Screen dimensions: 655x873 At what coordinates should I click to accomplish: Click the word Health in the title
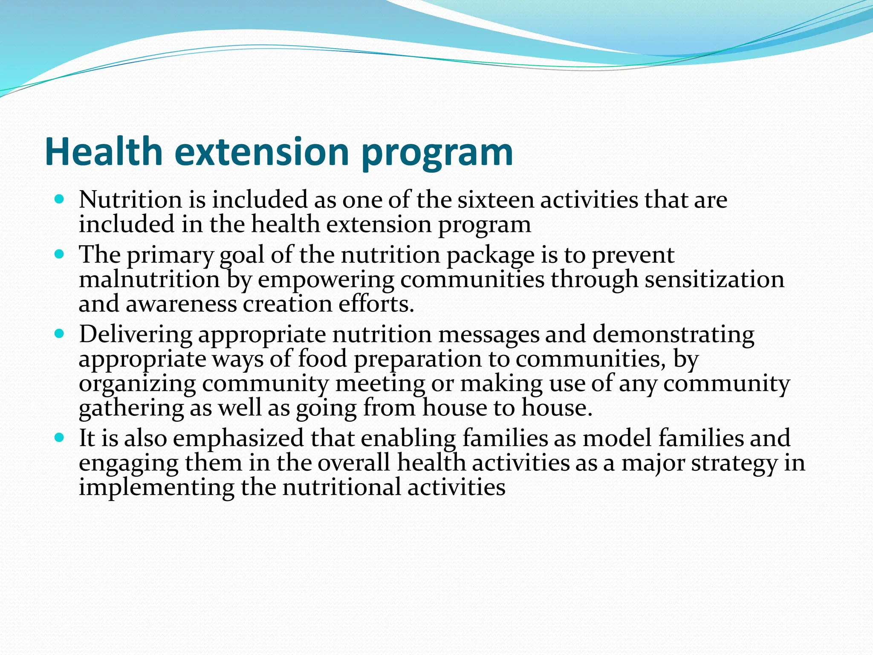[104, 152]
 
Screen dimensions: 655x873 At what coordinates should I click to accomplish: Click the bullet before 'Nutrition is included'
[59, 199]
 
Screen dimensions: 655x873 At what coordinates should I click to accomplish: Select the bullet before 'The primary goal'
[59, 255]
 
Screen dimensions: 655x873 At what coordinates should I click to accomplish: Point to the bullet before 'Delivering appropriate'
[59, 333]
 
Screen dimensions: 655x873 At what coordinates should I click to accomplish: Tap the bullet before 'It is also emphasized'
[59, 438]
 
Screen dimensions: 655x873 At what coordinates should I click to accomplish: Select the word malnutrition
[149, 279]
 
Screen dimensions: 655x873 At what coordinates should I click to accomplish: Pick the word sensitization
[714, 279]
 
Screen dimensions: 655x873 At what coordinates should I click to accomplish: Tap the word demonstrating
[673, 335]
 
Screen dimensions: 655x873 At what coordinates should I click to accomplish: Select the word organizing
[137, 384]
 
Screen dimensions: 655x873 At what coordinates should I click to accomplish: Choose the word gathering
[131, 408]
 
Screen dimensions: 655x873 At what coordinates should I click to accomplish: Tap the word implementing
[156, 488]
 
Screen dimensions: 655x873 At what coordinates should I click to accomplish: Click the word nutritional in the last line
[341, 487]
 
